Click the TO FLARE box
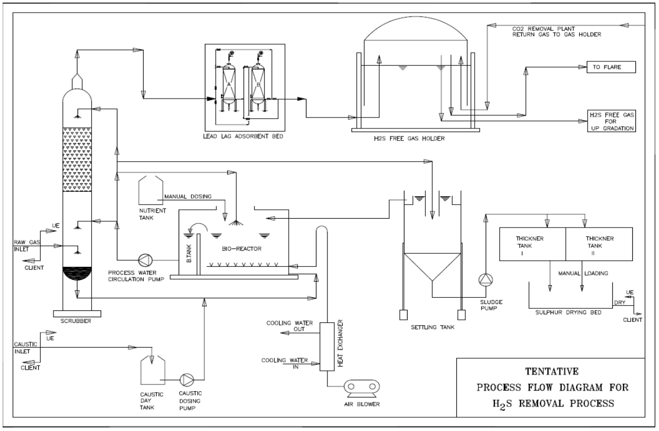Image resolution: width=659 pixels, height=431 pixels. pyautogui.click(x=611, y=67)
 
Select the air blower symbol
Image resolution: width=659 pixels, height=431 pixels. pyautogui.click(x=361, y=389)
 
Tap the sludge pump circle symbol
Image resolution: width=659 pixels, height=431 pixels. pyautogui.click(x=486, y=279)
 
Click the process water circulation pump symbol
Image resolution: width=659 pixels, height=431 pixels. pyautogui.click(x=145, y=260)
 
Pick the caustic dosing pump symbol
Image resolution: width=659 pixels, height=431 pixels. pyautogui.click(x=187, y=380)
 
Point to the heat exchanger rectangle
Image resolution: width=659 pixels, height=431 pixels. pyautogui.click(x=327, y=347)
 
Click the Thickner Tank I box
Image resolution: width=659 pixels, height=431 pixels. pyautogui.click(x=533, y=244)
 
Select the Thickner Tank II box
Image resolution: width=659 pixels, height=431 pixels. pyautogui.click(x=599, y=244)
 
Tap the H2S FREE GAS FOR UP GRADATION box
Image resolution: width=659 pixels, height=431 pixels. pyautogui.click(x=611, y=121)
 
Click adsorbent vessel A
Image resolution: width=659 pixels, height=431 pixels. pyautogui.click(x=228, y=85)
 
